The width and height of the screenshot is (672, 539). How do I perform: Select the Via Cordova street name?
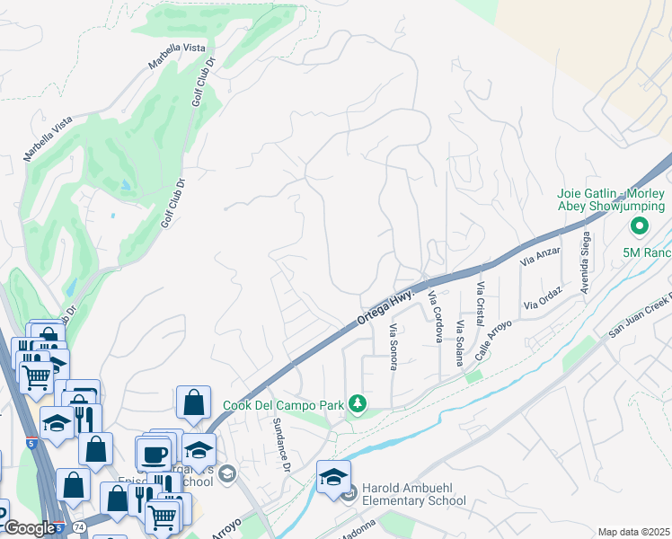pyautogui.click(x=436, y=316)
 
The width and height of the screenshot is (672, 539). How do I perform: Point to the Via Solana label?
pyautogui.click(x=460, y=342)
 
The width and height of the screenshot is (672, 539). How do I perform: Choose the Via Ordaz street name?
pyautogui.click(x=544, y=298)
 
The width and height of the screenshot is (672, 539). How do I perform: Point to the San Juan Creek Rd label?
pyautogui.click(x=640, y=314)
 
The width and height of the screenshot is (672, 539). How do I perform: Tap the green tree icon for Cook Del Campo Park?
pyautogui.click(x=358, y=404)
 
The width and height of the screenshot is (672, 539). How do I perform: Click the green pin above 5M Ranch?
pyautogui.click(x=640, y=226)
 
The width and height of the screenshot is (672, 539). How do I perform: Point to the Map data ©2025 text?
pyautogui.click(x=633, y=532)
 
